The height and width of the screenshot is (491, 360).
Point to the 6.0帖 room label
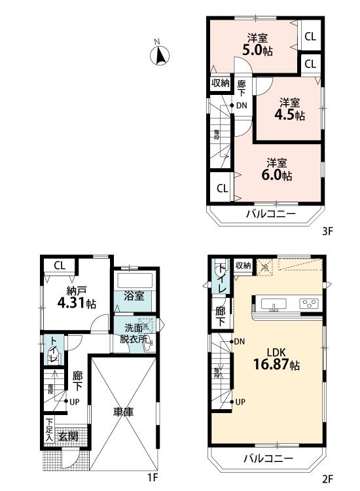tap(278, 170)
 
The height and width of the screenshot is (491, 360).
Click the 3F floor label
tap(327, 230)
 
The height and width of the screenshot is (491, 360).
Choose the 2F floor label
tap(327, 479)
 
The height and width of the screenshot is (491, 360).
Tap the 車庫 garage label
tap(123, 412)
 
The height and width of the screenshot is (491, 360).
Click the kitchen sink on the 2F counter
tap(272, 304)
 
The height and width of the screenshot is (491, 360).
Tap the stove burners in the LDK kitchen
tap(309, 304)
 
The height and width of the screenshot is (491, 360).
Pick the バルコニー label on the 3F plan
tap(270, 214)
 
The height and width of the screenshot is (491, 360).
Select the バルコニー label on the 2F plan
tap(270, 458)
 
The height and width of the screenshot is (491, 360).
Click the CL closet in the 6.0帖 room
tap(222, 189)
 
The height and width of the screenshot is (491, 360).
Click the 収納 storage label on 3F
tap(220, 83)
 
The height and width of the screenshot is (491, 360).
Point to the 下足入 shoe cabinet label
tap(50, 430)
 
